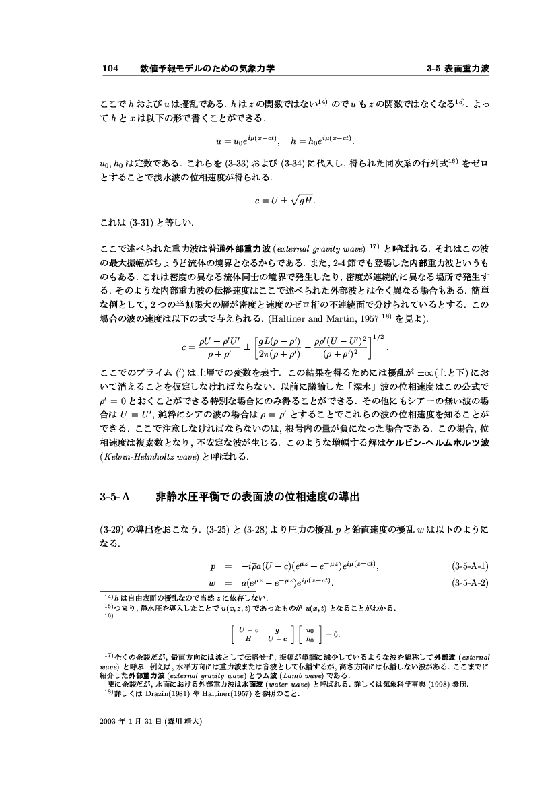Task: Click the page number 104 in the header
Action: tap(110, 69)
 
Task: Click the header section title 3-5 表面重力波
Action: tap(458, 69)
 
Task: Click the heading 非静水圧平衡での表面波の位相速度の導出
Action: tap(258, 498)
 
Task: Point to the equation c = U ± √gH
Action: tap(285, 201)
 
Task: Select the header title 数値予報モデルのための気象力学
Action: tap(207, 69)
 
